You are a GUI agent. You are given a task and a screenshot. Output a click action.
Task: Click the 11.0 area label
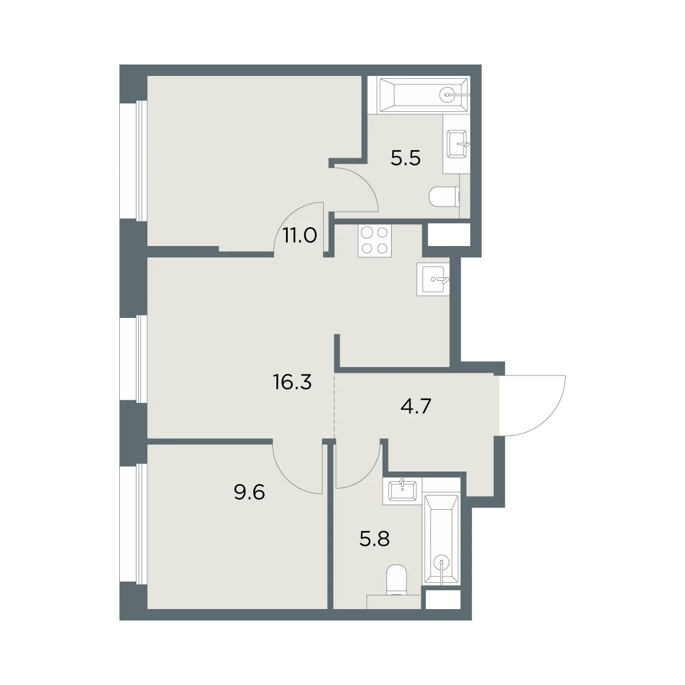[x=300, y=235]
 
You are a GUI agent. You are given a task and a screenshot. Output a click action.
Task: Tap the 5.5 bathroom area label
[x=406, y=158]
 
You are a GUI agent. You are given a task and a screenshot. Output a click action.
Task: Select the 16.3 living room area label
[x=292, y=382]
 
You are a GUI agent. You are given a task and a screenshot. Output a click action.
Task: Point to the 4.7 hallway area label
[x=416, y=406]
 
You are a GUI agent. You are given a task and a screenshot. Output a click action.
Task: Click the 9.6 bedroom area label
[x=249, y=493]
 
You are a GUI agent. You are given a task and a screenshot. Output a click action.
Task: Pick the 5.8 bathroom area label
[x=374, y=538]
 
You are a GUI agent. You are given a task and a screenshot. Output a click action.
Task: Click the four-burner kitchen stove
[x=374, y=241]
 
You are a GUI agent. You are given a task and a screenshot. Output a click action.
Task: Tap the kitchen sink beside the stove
[x=433, y=279]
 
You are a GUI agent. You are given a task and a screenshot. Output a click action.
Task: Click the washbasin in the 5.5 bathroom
[x=457, y=144]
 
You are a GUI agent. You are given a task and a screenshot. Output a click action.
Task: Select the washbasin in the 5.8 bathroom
[x=402, y=491]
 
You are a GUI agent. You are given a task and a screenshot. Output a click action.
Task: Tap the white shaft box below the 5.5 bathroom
[x=449, y=235]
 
